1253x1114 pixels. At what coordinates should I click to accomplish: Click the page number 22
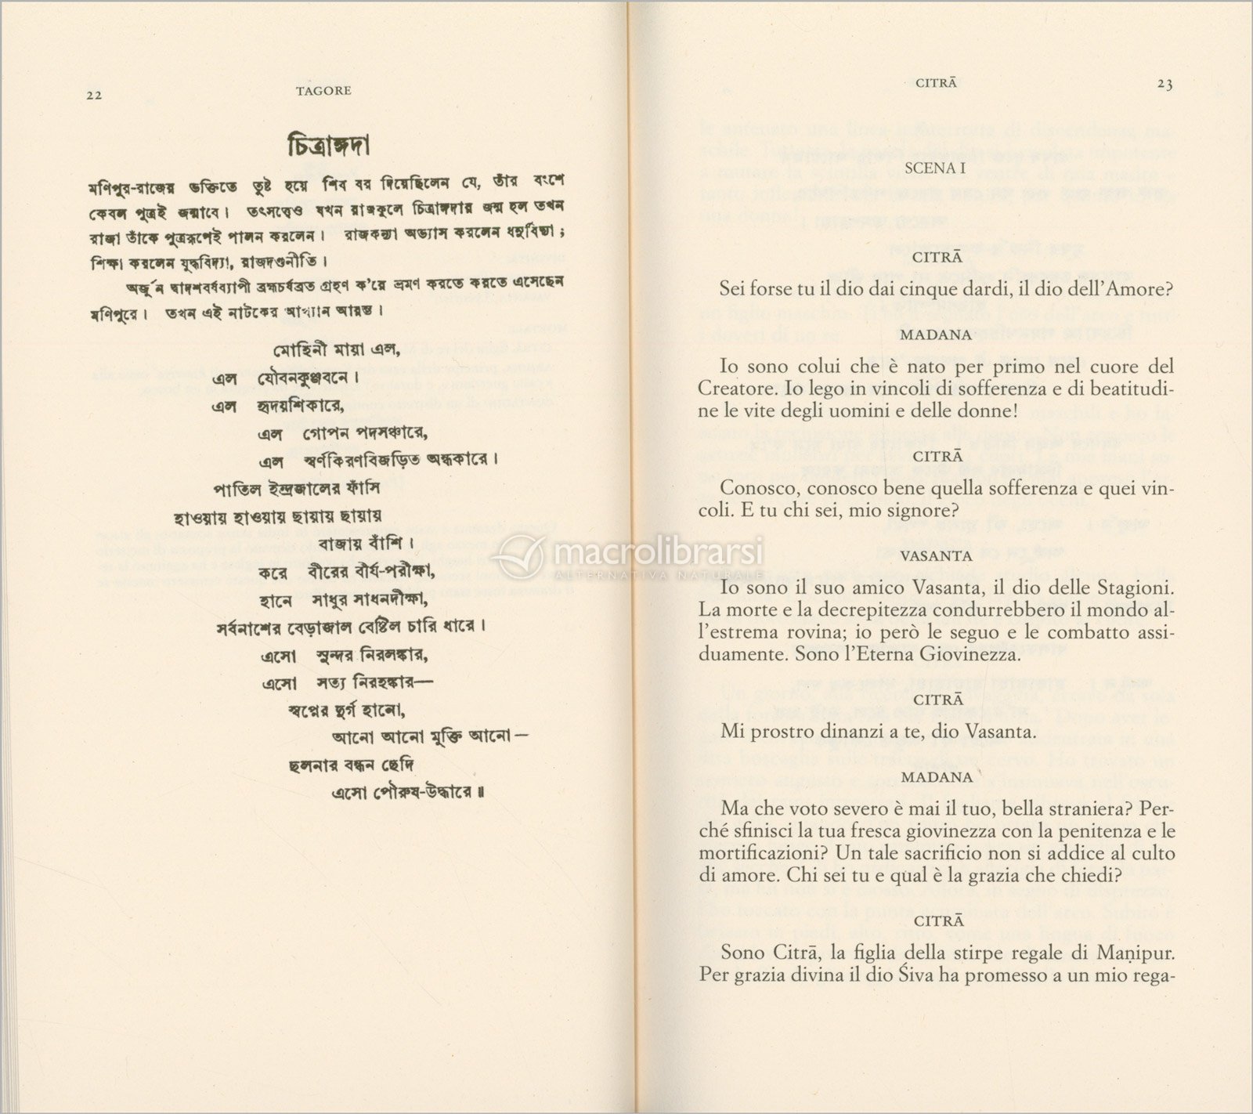click(94, 95)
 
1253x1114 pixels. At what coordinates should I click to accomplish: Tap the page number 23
click(1165, 85)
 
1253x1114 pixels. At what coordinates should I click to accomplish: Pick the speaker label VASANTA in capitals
click(937, 555)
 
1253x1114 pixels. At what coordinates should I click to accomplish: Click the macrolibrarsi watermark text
click(658, 553)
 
